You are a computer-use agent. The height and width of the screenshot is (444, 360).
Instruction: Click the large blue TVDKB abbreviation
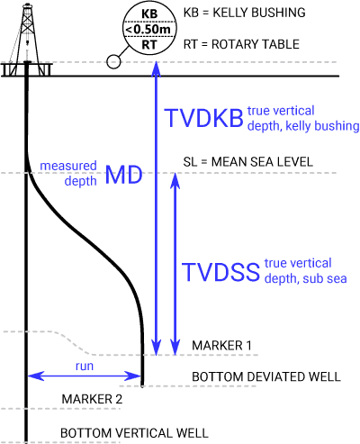tap(205, 117)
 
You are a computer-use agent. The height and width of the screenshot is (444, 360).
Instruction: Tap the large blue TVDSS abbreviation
tap(220, 272)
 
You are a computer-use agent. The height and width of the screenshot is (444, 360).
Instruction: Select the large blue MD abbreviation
tap(124, 175)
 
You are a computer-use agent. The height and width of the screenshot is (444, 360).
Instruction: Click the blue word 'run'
tap(85, 367)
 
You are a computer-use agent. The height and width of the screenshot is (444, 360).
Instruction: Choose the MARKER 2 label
tap(92, 398)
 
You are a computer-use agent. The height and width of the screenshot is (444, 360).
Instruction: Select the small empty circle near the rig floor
tap(113, 62)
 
